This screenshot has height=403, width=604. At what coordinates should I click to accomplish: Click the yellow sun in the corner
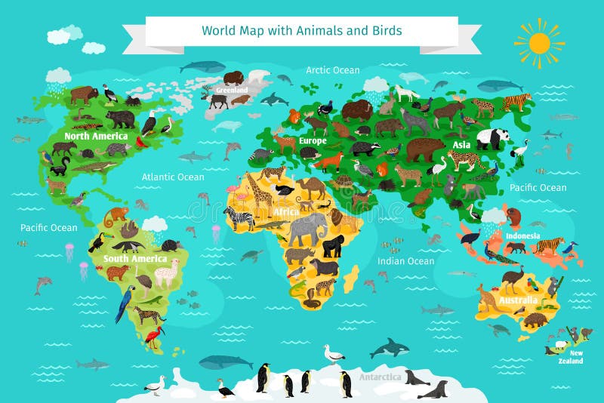(539, 42)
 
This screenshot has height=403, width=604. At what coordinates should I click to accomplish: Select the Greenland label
(232, 90)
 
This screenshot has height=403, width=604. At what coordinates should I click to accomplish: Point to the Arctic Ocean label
(333, 70)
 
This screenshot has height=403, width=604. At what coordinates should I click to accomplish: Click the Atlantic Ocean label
(173, 177)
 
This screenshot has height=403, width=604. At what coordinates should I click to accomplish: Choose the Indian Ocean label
(406, 261)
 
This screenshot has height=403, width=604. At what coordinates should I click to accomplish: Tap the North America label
(96, 137)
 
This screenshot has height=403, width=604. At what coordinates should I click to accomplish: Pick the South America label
(135, 259)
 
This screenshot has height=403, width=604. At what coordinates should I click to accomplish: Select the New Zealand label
(576, 357)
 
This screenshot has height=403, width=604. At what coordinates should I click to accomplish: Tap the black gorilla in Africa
(332, 245)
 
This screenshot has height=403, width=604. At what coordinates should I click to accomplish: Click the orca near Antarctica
(390, 347)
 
